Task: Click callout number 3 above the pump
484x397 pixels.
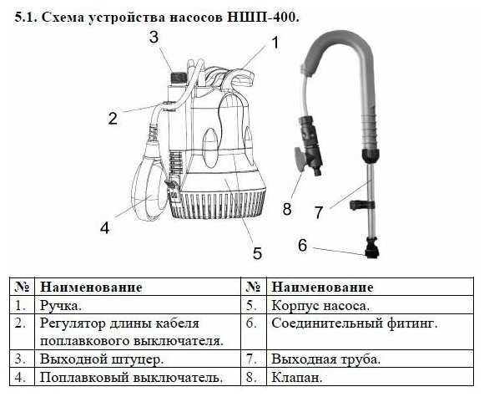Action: (x=154, y=38)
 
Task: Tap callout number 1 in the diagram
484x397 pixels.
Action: (x=275, y=42)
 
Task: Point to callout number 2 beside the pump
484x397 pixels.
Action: (x=113, y=118)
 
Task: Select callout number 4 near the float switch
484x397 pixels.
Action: (x=104, y=228)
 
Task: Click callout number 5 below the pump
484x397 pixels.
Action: (x=257, y=253)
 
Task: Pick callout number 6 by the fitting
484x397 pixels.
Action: (x=302, y=245)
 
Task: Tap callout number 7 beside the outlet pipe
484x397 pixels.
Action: (x=319, y=212)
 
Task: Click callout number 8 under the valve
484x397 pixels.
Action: (x=287, y=209)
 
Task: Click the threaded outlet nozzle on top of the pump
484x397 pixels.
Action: (x=179, y=77)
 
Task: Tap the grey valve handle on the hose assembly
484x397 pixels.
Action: (x=300, y=159)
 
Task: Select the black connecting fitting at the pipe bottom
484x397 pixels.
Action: (x=372, y=247)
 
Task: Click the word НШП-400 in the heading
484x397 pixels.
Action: (x=263, y=18)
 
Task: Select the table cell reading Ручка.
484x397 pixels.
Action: (x=61, y=306)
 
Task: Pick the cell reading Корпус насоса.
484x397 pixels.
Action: (x=320, y=306)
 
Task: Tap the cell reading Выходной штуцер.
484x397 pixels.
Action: (x=102, y=359)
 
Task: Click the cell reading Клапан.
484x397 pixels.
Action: (x=297, y=377)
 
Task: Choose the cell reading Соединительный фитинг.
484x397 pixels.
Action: (x=355, y=323)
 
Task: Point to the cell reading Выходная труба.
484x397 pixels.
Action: (x=326, y=359)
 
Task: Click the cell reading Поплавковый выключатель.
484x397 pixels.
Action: (x=132, y=377)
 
